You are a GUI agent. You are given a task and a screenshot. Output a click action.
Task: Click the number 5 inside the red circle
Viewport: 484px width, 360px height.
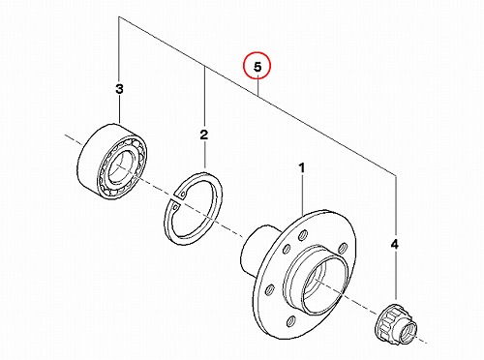coord(257,67)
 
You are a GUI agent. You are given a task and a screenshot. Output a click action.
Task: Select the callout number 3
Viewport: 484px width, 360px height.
coord(119,89)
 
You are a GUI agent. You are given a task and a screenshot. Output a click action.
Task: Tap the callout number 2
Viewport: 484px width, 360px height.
coord(204,135)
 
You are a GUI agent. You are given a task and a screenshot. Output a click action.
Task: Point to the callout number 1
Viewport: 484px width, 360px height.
coord(302,168)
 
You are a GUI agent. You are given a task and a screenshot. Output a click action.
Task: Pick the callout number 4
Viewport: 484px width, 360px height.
coord(395,245)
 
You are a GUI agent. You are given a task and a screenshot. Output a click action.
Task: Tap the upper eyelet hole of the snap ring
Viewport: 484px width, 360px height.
coord(183,195)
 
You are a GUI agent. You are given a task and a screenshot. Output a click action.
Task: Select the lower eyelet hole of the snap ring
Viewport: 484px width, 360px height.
coord(174,206)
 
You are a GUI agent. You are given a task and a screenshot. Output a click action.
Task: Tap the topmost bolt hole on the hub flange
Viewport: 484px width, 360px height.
coord(303,235)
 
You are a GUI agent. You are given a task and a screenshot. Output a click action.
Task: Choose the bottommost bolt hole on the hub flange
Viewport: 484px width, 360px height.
coord(290,321)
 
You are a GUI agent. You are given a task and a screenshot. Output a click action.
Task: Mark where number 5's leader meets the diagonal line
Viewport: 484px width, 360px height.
coord(258,95)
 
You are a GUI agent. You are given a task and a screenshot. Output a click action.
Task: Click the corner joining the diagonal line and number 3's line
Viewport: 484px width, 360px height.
coord(119,17)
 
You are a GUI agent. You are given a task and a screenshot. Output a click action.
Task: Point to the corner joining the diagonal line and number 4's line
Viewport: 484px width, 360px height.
coord(396,175)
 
